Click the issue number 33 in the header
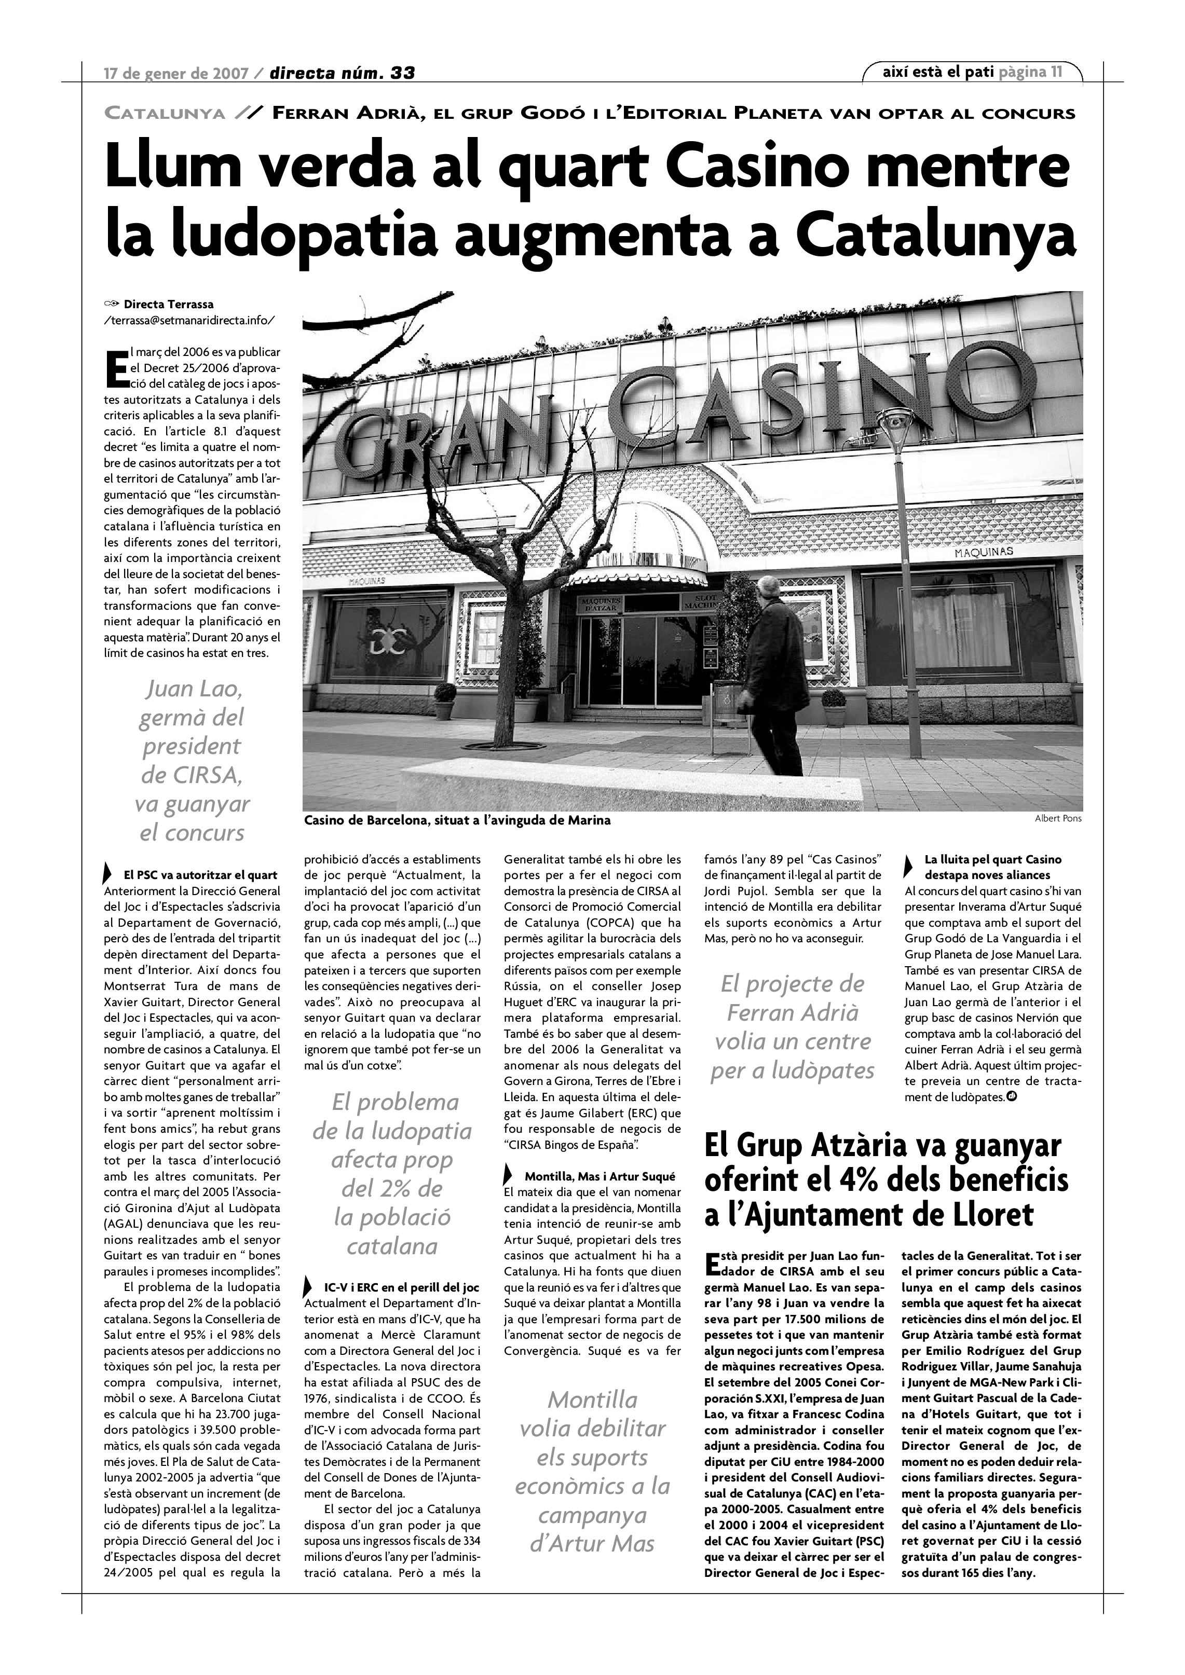pos(402,73)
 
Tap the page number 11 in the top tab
pos(1056,72)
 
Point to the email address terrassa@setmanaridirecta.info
pos(190,320)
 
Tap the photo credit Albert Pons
pos(1058,818)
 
